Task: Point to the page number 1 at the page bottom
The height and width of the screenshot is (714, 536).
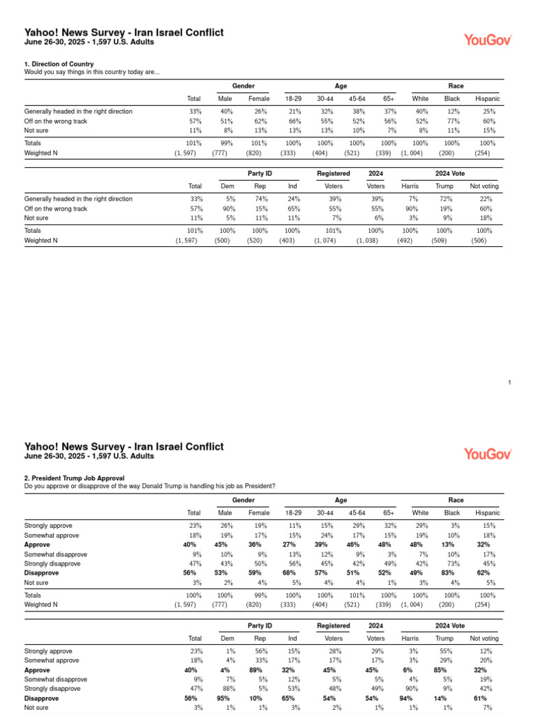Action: pos(510,382)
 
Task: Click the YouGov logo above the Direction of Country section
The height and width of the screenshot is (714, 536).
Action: pos(488,40)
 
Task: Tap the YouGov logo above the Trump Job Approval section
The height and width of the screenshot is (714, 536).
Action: pos(488,454)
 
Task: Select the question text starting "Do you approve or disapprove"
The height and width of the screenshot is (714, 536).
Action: pos(149,486)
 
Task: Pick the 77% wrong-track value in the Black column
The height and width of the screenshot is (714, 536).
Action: pos(453,121)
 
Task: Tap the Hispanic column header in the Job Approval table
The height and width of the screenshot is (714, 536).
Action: pos(487,512)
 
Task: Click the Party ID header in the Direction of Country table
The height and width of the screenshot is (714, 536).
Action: pos(260,173)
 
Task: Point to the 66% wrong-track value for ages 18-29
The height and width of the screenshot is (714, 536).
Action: pos(295,121)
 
